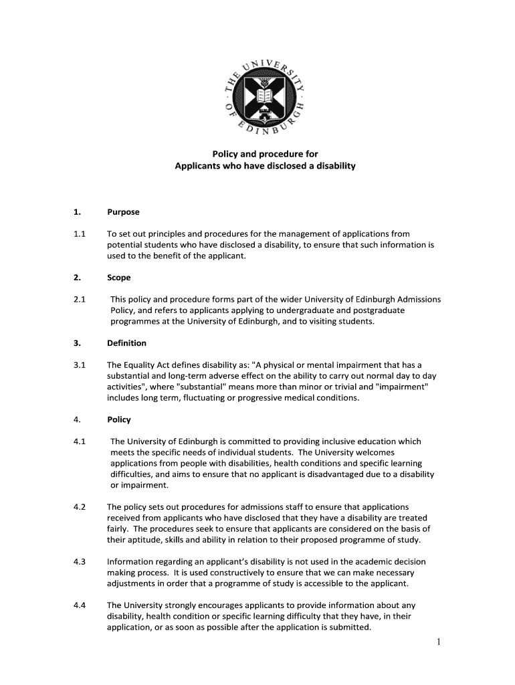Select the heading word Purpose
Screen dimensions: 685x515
tap(123, 212)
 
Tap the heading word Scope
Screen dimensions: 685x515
tap(119, 278)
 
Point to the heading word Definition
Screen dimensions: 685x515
tap(126, 343)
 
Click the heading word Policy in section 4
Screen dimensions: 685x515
tap(119, 419)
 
